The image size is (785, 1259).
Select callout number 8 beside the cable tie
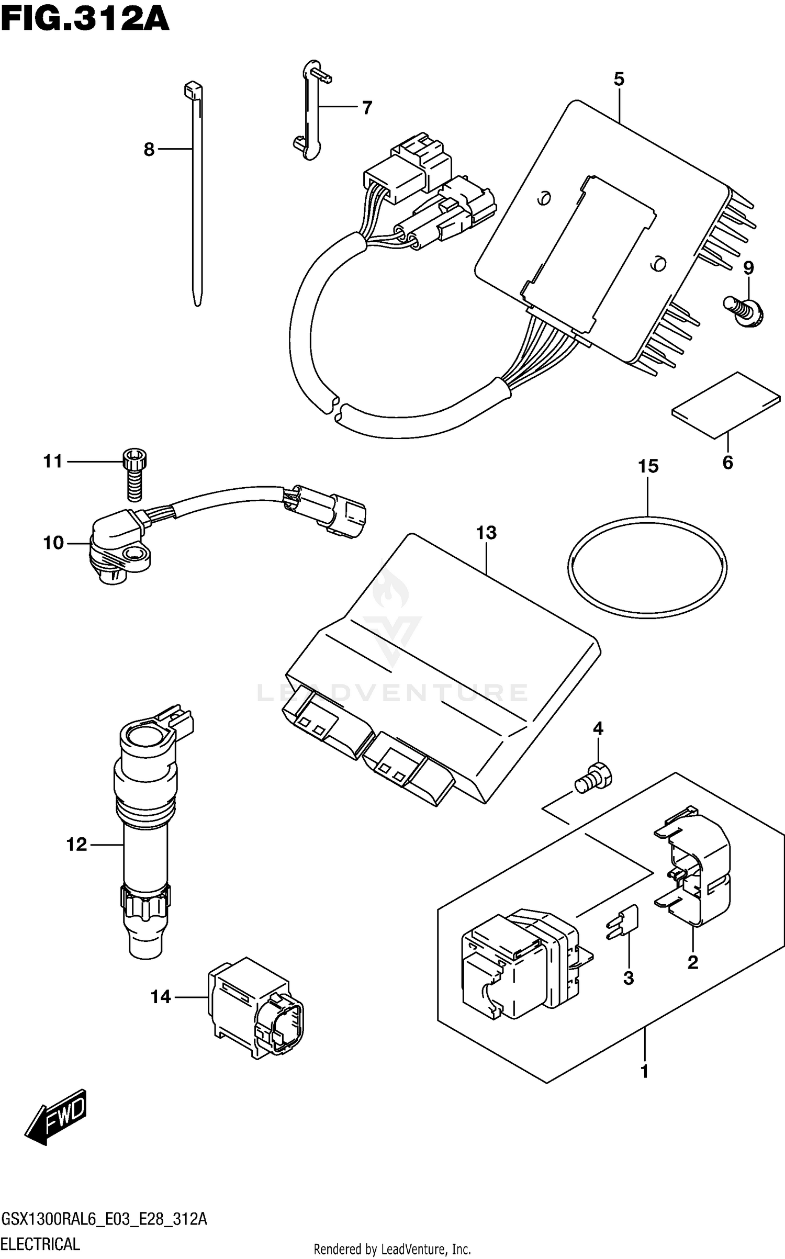point(149,150)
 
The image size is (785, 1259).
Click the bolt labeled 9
point(745,312)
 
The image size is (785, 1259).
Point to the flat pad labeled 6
point(726,404)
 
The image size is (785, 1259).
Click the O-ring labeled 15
point(647,566)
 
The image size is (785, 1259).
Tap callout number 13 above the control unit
point(486,533)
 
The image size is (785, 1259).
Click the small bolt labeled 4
point(593,783)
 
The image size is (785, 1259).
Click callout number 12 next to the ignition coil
point(76,844)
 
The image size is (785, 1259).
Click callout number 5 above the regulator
point(619,80)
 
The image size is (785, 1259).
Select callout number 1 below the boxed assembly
point(644,1071)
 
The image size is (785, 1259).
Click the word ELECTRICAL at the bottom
point(41,1244)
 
